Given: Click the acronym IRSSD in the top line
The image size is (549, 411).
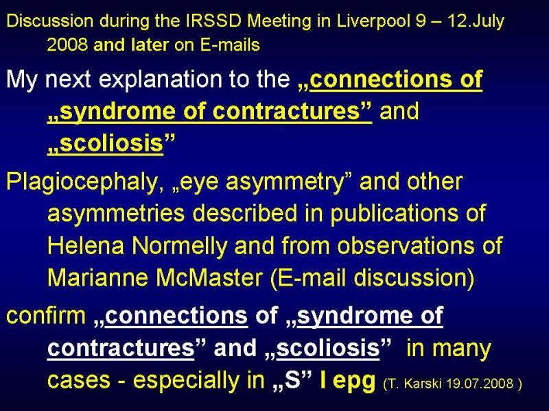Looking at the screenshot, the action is [213, 21].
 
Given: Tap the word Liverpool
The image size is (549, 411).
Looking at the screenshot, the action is [373, 22].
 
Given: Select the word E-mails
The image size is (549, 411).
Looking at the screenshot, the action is [230, 45].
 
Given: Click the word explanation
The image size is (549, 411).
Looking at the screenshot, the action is [160, 79].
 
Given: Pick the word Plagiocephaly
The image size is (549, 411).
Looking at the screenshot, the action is [82, 182].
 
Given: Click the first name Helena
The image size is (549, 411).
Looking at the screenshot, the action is [86, 245].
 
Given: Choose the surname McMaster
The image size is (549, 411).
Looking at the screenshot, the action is [209, 278].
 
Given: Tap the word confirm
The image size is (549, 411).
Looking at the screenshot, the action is [46, 315].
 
